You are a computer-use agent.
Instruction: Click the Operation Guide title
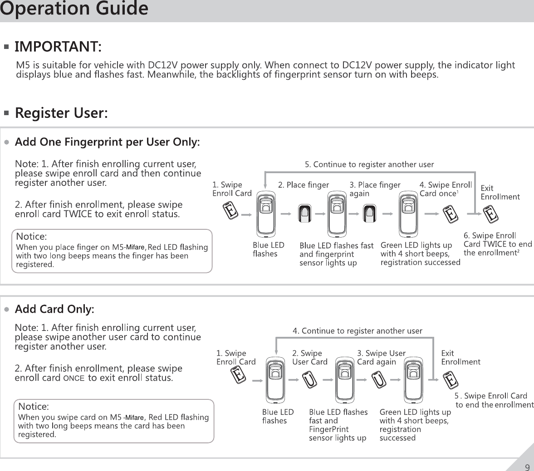74,9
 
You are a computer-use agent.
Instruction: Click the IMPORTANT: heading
58,47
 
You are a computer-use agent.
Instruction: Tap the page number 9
527,467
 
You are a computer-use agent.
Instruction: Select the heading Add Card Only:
54,309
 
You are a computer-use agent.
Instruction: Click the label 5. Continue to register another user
369,165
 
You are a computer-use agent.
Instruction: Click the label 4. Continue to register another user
357,331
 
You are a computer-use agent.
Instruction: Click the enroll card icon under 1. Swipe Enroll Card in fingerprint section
231,211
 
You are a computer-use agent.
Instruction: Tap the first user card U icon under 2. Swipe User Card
309,379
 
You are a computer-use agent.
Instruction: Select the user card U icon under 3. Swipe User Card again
379,379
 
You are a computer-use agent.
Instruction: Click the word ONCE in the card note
74,378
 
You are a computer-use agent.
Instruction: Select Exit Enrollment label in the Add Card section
460,357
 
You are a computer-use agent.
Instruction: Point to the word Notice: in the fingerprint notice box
31,237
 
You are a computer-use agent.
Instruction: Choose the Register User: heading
61,113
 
